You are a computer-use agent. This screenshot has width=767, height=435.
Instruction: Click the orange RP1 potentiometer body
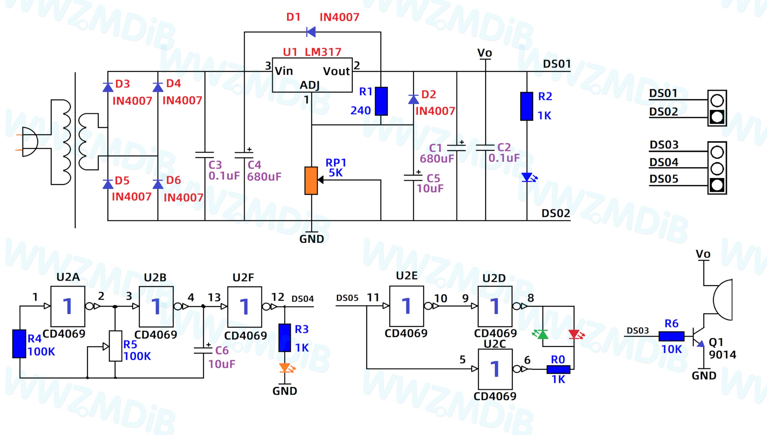(311, 181)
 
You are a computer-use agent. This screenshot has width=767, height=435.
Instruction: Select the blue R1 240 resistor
(381, 101)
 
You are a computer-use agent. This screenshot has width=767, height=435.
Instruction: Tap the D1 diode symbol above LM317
(311, 32)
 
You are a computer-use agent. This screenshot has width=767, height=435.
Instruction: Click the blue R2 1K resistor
(526, 106)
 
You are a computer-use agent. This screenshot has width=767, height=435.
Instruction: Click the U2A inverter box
(68, 306)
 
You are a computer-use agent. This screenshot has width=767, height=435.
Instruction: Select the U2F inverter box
(244, 307)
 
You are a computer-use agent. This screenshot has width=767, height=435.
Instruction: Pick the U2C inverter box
(495, 369)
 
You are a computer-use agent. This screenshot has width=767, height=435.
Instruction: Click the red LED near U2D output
(576, 334)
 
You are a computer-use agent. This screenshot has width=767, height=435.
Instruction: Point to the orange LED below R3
(286, 368)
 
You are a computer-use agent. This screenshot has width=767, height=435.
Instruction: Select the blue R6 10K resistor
(671, 336)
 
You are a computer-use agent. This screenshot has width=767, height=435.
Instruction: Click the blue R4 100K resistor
(19, 344)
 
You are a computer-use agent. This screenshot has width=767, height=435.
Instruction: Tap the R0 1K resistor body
(558, 369)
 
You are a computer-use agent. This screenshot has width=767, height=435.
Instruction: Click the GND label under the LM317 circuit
(312, 239)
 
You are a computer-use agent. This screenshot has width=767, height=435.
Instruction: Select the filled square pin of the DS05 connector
(717, 185)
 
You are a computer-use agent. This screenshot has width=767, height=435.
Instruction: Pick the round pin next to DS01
(717, 100)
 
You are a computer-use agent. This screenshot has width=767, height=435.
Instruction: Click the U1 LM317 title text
(312, 52)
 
